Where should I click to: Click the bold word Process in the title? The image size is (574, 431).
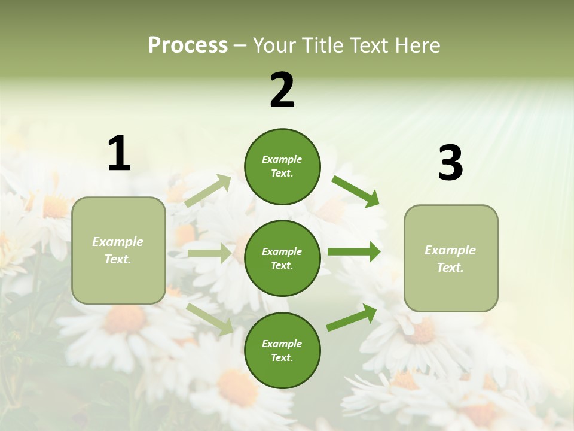tap(188, 45)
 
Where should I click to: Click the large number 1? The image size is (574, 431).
tap(119, 154)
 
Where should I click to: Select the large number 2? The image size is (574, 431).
tap(282, 90)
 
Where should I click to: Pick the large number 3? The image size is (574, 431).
tap(450, 163)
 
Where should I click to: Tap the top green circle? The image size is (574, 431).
tap(282, 166)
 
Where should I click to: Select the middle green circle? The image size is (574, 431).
tap(282, 258)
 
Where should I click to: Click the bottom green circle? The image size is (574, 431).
tap(282, 350)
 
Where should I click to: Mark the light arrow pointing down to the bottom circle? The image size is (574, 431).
tap(210, 319)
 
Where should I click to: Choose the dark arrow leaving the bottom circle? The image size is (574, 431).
tap(352, 318)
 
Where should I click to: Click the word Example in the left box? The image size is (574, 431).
tap(118, 242)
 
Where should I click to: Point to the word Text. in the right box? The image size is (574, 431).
tap(450, 268)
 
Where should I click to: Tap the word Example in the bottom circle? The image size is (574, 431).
tap(282, 344)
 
